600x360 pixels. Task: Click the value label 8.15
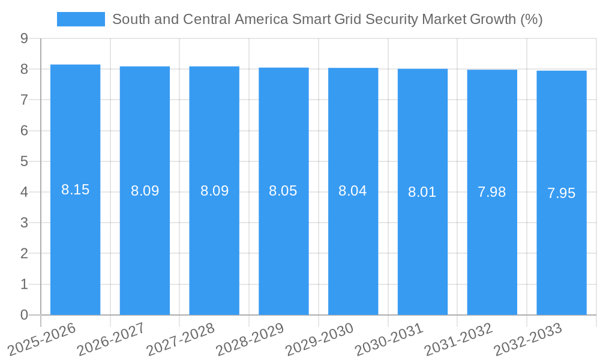pos(75,190)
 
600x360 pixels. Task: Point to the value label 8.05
pos(283,191)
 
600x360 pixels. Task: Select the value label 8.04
pos(353,191)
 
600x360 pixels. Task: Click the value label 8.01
pos(422,192)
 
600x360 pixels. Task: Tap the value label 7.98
pos(492,192)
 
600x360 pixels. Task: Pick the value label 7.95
pos(562,193)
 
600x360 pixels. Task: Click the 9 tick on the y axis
pos(24,38)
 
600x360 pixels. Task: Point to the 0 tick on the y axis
pos(24,315)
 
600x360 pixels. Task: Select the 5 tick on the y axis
pos(24,161)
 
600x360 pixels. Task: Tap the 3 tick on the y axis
pos(24,223)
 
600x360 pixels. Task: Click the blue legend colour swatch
pos(80,19)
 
